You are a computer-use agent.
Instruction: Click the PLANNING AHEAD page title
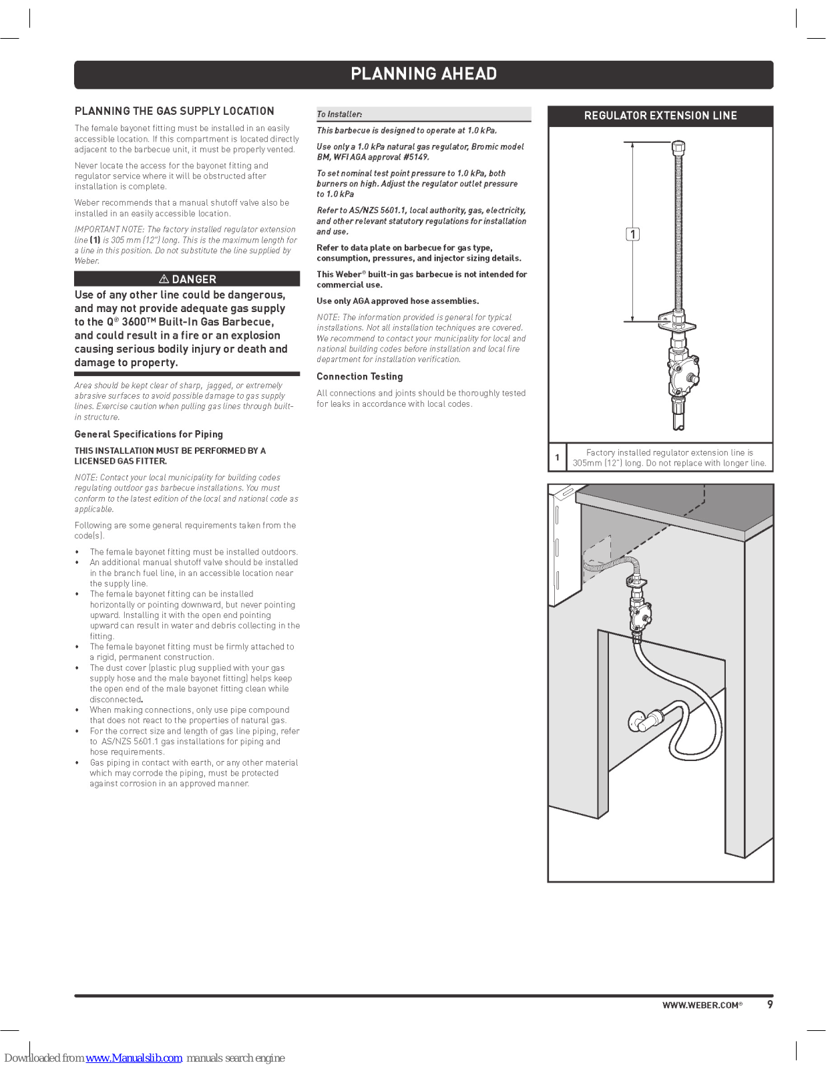pos(423,73)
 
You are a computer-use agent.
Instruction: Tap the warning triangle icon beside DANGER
pos(164,279)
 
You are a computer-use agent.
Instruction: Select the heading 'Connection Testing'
pos(359,376)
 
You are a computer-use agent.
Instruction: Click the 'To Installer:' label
pos(339,114)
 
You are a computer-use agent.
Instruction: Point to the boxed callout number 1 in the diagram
pos(632,234)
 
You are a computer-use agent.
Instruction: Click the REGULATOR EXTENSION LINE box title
pos(660,116)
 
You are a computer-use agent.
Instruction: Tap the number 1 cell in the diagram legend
pos(557,458)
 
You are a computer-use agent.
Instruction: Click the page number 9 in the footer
pos(770,1005)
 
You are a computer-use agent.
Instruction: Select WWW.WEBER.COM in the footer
pos(702,1006)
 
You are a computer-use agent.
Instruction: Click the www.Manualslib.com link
pos(134,1058)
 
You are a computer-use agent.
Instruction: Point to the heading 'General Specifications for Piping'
pos(148,434)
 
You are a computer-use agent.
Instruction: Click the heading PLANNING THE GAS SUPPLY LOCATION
pos(174,111)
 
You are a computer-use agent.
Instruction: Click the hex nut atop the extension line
pos(678,146)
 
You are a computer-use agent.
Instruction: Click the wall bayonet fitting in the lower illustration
pos(640,722)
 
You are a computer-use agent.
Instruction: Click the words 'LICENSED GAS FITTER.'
pos(120,461)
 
